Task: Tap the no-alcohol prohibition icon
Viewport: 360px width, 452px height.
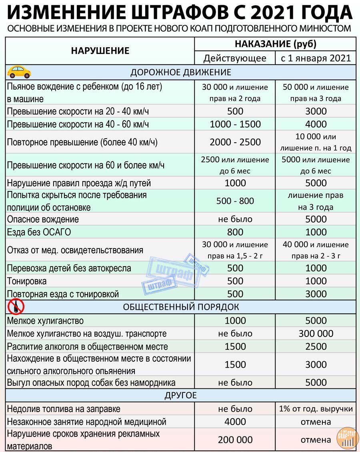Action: tap(16, 307)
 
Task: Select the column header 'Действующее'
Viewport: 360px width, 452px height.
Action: tap(235, 58)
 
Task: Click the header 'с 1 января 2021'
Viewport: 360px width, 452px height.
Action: tap(316, 58)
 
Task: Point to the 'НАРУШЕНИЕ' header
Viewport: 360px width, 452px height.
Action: tap(100, 51)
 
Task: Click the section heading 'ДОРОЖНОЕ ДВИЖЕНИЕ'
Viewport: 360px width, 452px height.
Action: tap(181, 72)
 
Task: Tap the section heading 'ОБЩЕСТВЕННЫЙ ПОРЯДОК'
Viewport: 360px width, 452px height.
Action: tap(181, 307)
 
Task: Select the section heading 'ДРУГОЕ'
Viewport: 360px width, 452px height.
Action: tap(181, 396)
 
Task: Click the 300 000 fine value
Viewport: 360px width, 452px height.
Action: tap(316, 334)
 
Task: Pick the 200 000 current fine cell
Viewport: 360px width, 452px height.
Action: tap(235, 440)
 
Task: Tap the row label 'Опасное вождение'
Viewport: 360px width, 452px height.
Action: tap(43, 219)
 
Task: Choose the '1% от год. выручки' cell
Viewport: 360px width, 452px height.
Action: tap(316, 409)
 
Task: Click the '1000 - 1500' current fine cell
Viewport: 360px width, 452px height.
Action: tap(235, 124)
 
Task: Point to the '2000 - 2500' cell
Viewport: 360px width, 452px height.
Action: tap(235, 142)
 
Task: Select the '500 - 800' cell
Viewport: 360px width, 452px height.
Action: tap(235, 201)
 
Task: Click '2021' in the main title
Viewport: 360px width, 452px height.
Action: tap(273, 13)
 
